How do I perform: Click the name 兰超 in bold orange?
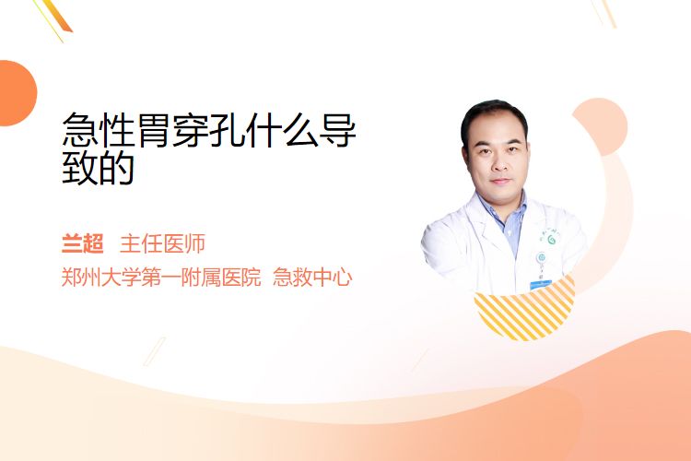82,243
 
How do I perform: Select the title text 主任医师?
162,243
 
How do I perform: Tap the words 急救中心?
312,278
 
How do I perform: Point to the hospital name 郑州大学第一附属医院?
161,278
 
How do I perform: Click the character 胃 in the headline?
154,130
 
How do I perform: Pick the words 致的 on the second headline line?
99,167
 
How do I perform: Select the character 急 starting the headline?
80,130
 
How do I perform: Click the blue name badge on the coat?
541,285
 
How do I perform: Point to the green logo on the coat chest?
551,239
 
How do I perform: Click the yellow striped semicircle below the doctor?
525,309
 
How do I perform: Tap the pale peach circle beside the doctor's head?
603,125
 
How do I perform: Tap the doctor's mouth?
500,181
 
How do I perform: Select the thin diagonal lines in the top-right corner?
603,13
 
